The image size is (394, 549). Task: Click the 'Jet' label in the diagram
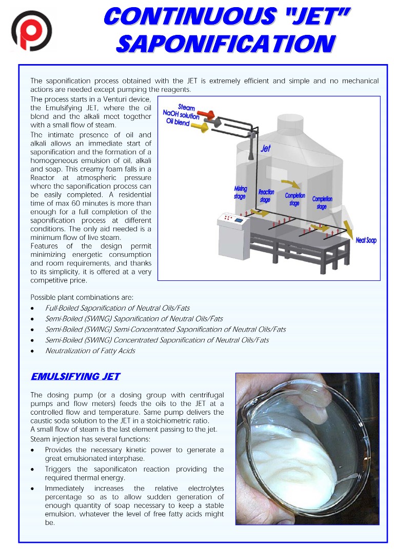[265, 149]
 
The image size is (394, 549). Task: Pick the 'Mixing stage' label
[240, 192]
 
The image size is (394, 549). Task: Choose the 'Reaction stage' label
[266, 196]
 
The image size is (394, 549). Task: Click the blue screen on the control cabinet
[239, 220]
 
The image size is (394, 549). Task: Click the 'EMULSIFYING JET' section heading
[75, 377]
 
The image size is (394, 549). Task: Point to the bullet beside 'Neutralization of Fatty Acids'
[33, 351]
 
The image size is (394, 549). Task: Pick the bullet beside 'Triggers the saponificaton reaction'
[33, 470]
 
